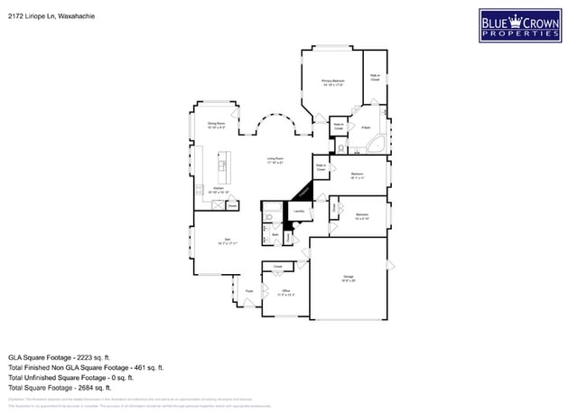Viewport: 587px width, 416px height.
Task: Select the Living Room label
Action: point(275,161)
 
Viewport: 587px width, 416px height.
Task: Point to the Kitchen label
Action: point(218,189)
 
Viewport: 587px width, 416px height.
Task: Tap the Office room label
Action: point(285,290)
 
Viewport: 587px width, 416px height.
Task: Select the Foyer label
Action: point(249,290)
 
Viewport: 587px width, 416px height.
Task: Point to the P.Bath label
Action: point(366,128)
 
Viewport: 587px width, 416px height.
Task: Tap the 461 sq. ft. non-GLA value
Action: point(134,368)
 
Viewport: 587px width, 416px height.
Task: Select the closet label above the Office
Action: point(278,267)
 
